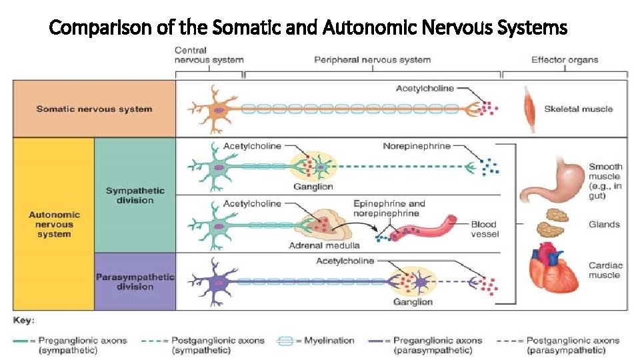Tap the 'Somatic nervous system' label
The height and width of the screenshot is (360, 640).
point(94,109)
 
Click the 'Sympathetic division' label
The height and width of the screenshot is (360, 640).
point(135,195)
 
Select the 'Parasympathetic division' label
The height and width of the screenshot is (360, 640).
point(135,281)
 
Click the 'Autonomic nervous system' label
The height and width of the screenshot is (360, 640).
point(54,224)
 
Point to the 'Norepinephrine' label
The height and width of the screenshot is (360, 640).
point(417,146)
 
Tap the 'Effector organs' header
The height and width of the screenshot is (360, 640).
point(565,60)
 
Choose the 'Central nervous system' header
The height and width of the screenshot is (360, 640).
point(209,55)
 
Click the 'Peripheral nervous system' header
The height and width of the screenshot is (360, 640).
point(372,60)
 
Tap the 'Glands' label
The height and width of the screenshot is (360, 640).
point(603,224)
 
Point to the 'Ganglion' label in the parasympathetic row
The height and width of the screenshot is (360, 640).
point(413,301)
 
